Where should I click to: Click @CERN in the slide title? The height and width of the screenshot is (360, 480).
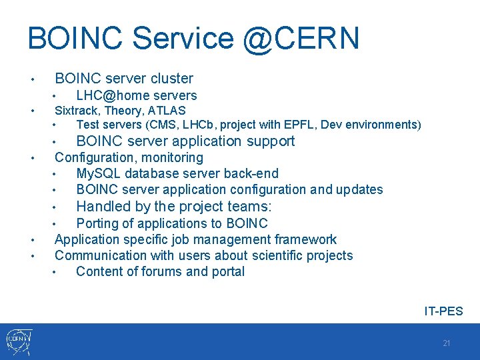(x=301, y=39)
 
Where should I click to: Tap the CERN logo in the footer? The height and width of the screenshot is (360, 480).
(x=18, y=341)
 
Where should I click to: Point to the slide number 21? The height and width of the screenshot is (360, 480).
(x=447, y=343)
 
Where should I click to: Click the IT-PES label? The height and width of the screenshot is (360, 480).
(x=443, y=311)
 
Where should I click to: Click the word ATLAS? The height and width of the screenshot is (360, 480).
(x=167, y=111)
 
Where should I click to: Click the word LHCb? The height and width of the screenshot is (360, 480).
(x=199, y=125)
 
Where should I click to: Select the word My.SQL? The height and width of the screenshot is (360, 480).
(x=98, y=173)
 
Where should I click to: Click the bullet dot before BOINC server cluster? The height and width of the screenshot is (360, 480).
(x=32, y=79)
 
